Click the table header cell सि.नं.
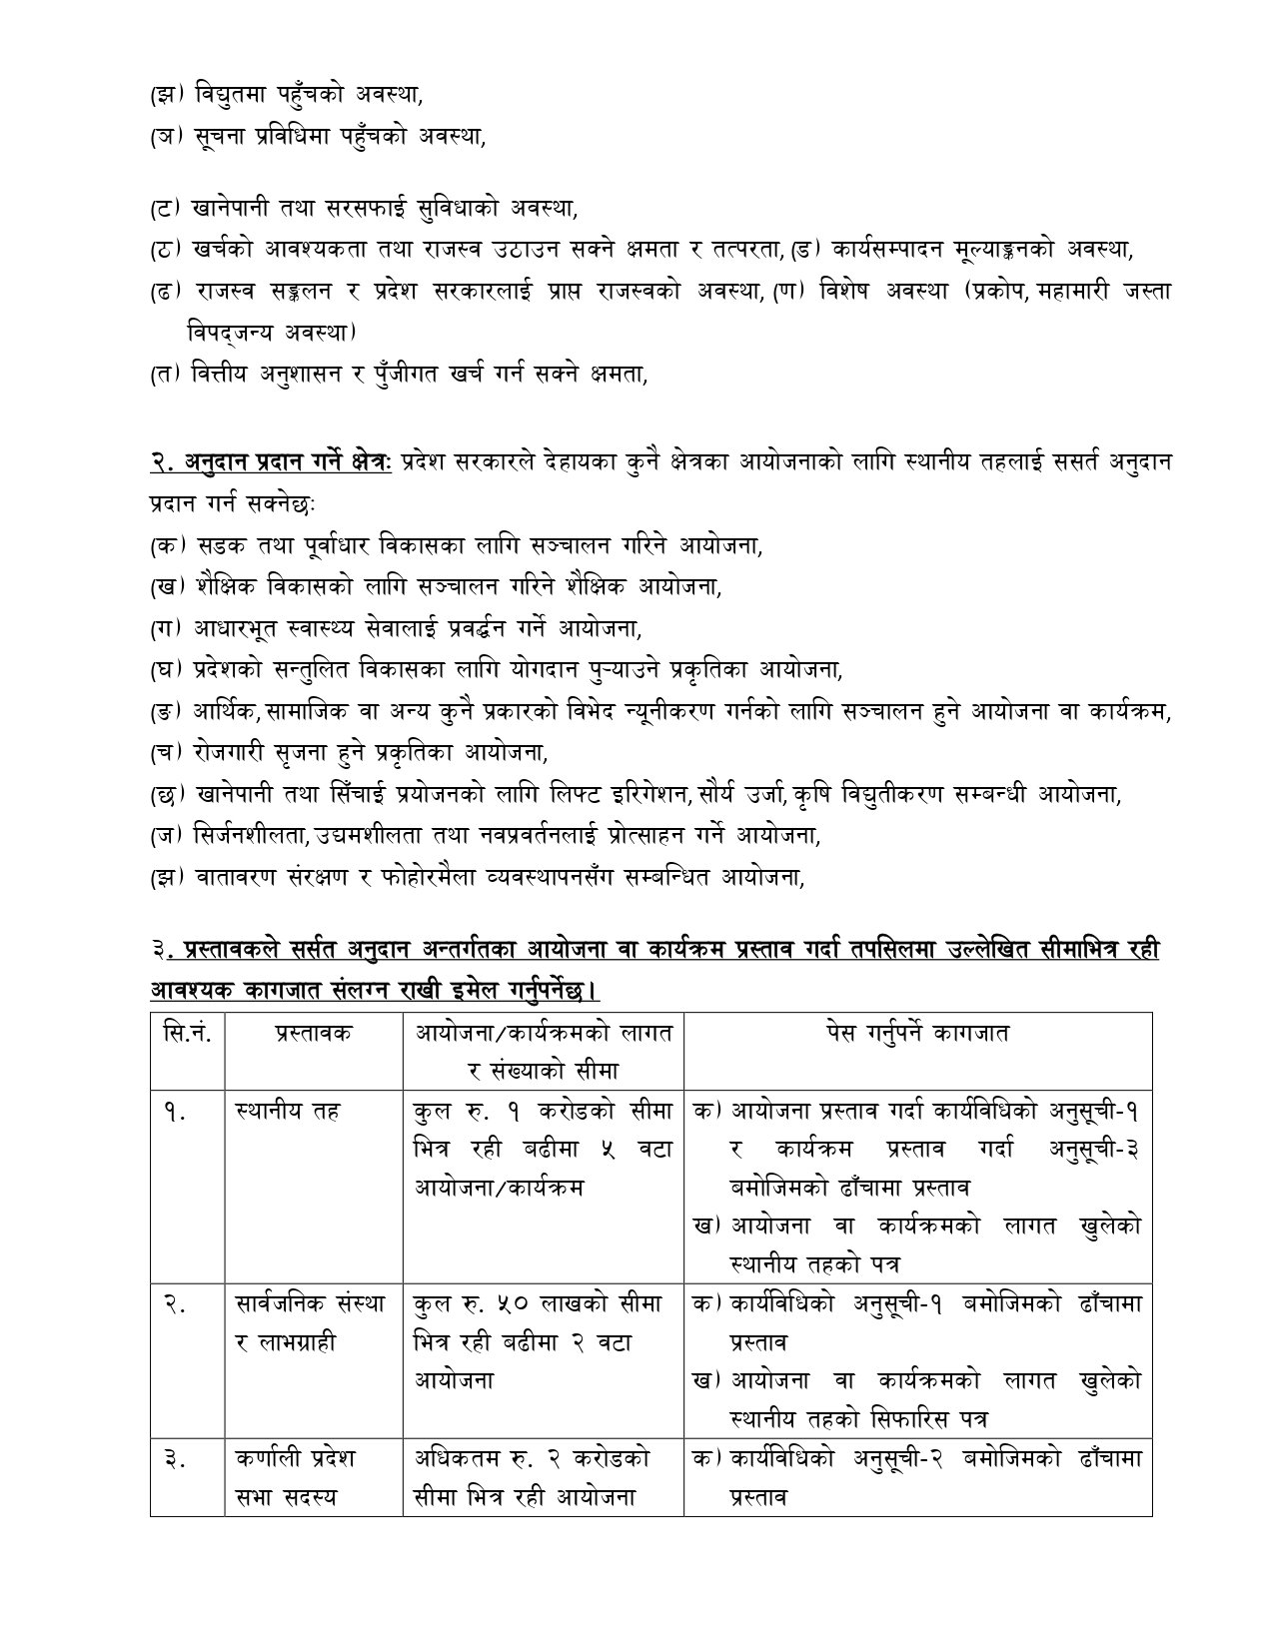point(187,1032)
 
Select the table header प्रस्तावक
point(315,1032)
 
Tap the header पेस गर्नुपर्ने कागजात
point(917,1032)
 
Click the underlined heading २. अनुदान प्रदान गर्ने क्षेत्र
point(272,462)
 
